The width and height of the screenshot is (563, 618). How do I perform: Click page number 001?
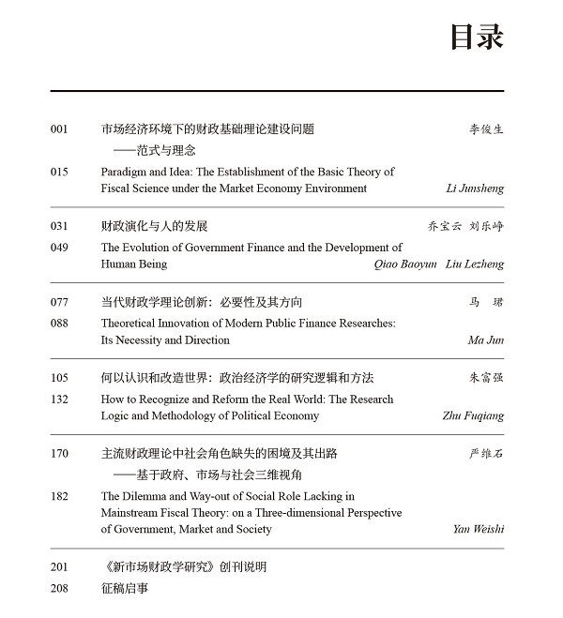tap(60, 129)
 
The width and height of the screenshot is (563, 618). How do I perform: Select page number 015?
tap(60, 173)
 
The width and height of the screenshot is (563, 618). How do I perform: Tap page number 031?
tap(60, 226)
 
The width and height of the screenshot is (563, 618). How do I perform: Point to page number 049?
tap(60, 249)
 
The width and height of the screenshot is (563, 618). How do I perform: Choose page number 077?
tap(60, 303)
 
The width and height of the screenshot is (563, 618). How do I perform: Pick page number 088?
tap(60, 324)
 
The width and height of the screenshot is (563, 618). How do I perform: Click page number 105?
tap(60, 378)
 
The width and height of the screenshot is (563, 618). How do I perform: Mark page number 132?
tap(60, 399)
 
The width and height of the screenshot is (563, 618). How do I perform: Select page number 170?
tap(60, 454)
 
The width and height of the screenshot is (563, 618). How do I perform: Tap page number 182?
tap(60, 497)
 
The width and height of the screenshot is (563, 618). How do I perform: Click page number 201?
tap(60, 567)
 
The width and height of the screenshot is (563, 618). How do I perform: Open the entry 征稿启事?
tap(124, 589)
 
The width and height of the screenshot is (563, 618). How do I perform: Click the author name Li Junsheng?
tap(475, 188)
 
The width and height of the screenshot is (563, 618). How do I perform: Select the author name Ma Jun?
tap(485, 340)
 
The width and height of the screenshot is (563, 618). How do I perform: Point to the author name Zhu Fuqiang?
tap(473, 416)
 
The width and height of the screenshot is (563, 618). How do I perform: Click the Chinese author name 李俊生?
tap(486, 129)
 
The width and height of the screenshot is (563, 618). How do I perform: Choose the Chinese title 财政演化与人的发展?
tap(154, 226)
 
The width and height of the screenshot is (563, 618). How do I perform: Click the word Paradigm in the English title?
tap(125, 173)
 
